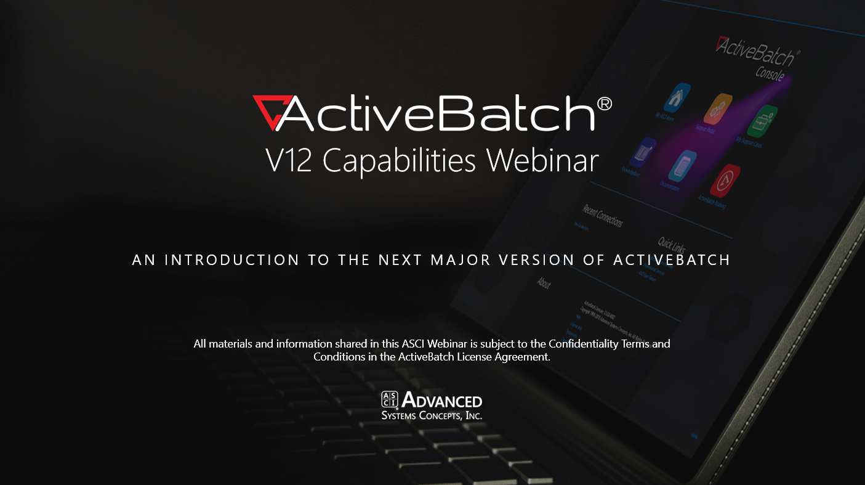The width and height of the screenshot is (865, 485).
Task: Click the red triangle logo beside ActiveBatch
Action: pos(268,113)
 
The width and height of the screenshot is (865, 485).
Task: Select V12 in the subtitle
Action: pos(287,160)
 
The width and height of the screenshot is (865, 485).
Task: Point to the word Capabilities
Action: pos(399,161)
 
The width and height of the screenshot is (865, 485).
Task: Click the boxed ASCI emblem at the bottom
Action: pos(390,399)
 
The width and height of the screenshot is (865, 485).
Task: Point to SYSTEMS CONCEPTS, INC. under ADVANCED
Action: pos(432,416)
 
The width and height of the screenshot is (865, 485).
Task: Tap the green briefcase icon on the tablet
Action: pos(762,121)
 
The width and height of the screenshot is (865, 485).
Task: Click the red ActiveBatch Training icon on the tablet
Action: pos(725,180)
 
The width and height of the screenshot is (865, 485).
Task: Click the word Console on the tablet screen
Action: pos(770,73)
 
